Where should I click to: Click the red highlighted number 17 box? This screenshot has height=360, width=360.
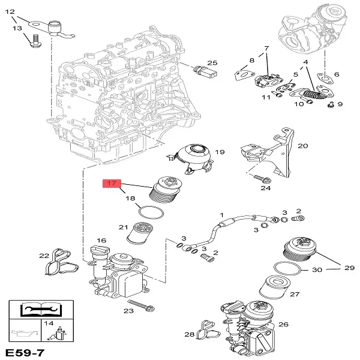coord(112,184)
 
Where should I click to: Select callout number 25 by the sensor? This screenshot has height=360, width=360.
coord(212,63)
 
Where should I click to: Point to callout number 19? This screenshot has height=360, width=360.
coord(220,152)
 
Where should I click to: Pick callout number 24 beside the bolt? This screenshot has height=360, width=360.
coord(266,188)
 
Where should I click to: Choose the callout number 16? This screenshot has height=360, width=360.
coord(101,240)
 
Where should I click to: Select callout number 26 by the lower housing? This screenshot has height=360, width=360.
coord(284,325)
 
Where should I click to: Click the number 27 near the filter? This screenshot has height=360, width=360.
coord(294,295)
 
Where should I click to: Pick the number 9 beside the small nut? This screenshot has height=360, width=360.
coord(340,104)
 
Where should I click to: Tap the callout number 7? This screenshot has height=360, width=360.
coord(266,47)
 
